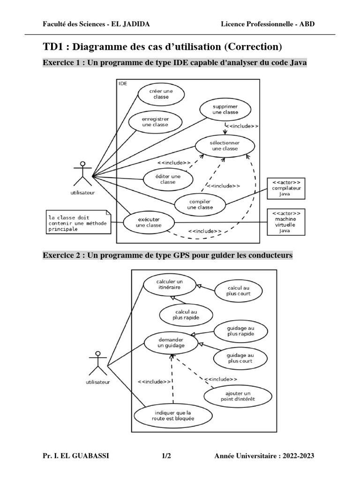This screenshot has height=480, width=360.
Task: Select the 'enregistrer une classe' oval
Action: coord(155,122)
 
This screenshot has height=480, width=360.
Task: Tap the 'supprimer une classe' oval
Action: coord(225,110)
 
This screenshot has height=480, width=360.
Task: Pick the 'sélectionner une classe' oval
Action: coord(225,145)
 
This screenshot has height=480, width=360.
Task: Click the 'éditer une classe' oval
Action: coord(167,179)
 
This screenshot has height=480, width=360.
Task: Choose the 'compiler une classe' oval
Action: coord(200,204)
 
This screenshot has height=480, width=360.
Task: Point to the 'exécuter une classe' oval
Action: coord(149,222)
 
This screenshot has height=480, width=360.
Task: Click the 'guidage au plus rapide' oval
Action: coord(240,331)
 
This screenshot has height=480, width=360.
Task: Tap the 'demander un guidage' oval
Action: coord(171,342)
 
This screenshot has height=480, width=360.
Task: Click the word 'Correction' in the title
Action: coord(254,46)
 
